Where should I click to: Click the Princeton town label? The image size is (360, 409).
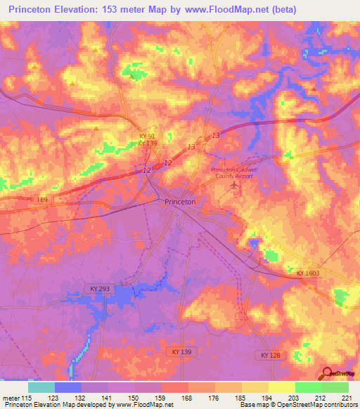pos(179,202)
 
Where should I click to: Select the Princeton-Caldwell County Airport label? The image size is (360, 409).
pos(232,174)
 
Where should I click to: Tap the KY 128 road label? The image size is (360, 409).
pos(270,356)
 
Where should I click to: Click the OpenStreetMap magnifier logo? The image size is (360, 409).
pos(328,375)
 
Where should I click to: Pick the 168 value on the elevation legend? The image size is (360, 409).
pos(186,398)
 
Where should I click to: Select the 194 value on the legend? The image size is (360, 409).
pos(266,398)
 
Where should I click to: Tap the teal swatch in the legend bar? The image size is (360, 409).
pos(41,387)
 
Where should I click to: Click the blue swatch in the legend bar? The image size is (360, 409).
pos(67,387)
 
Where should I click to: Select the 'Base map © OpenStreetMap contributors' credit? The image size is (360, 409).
pos(299,405)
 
